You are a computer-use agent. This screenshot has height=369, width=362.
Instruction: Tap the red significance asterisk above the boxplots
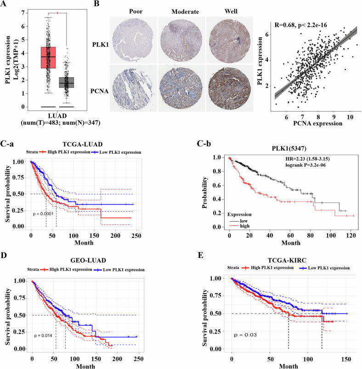coord(57,14)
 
